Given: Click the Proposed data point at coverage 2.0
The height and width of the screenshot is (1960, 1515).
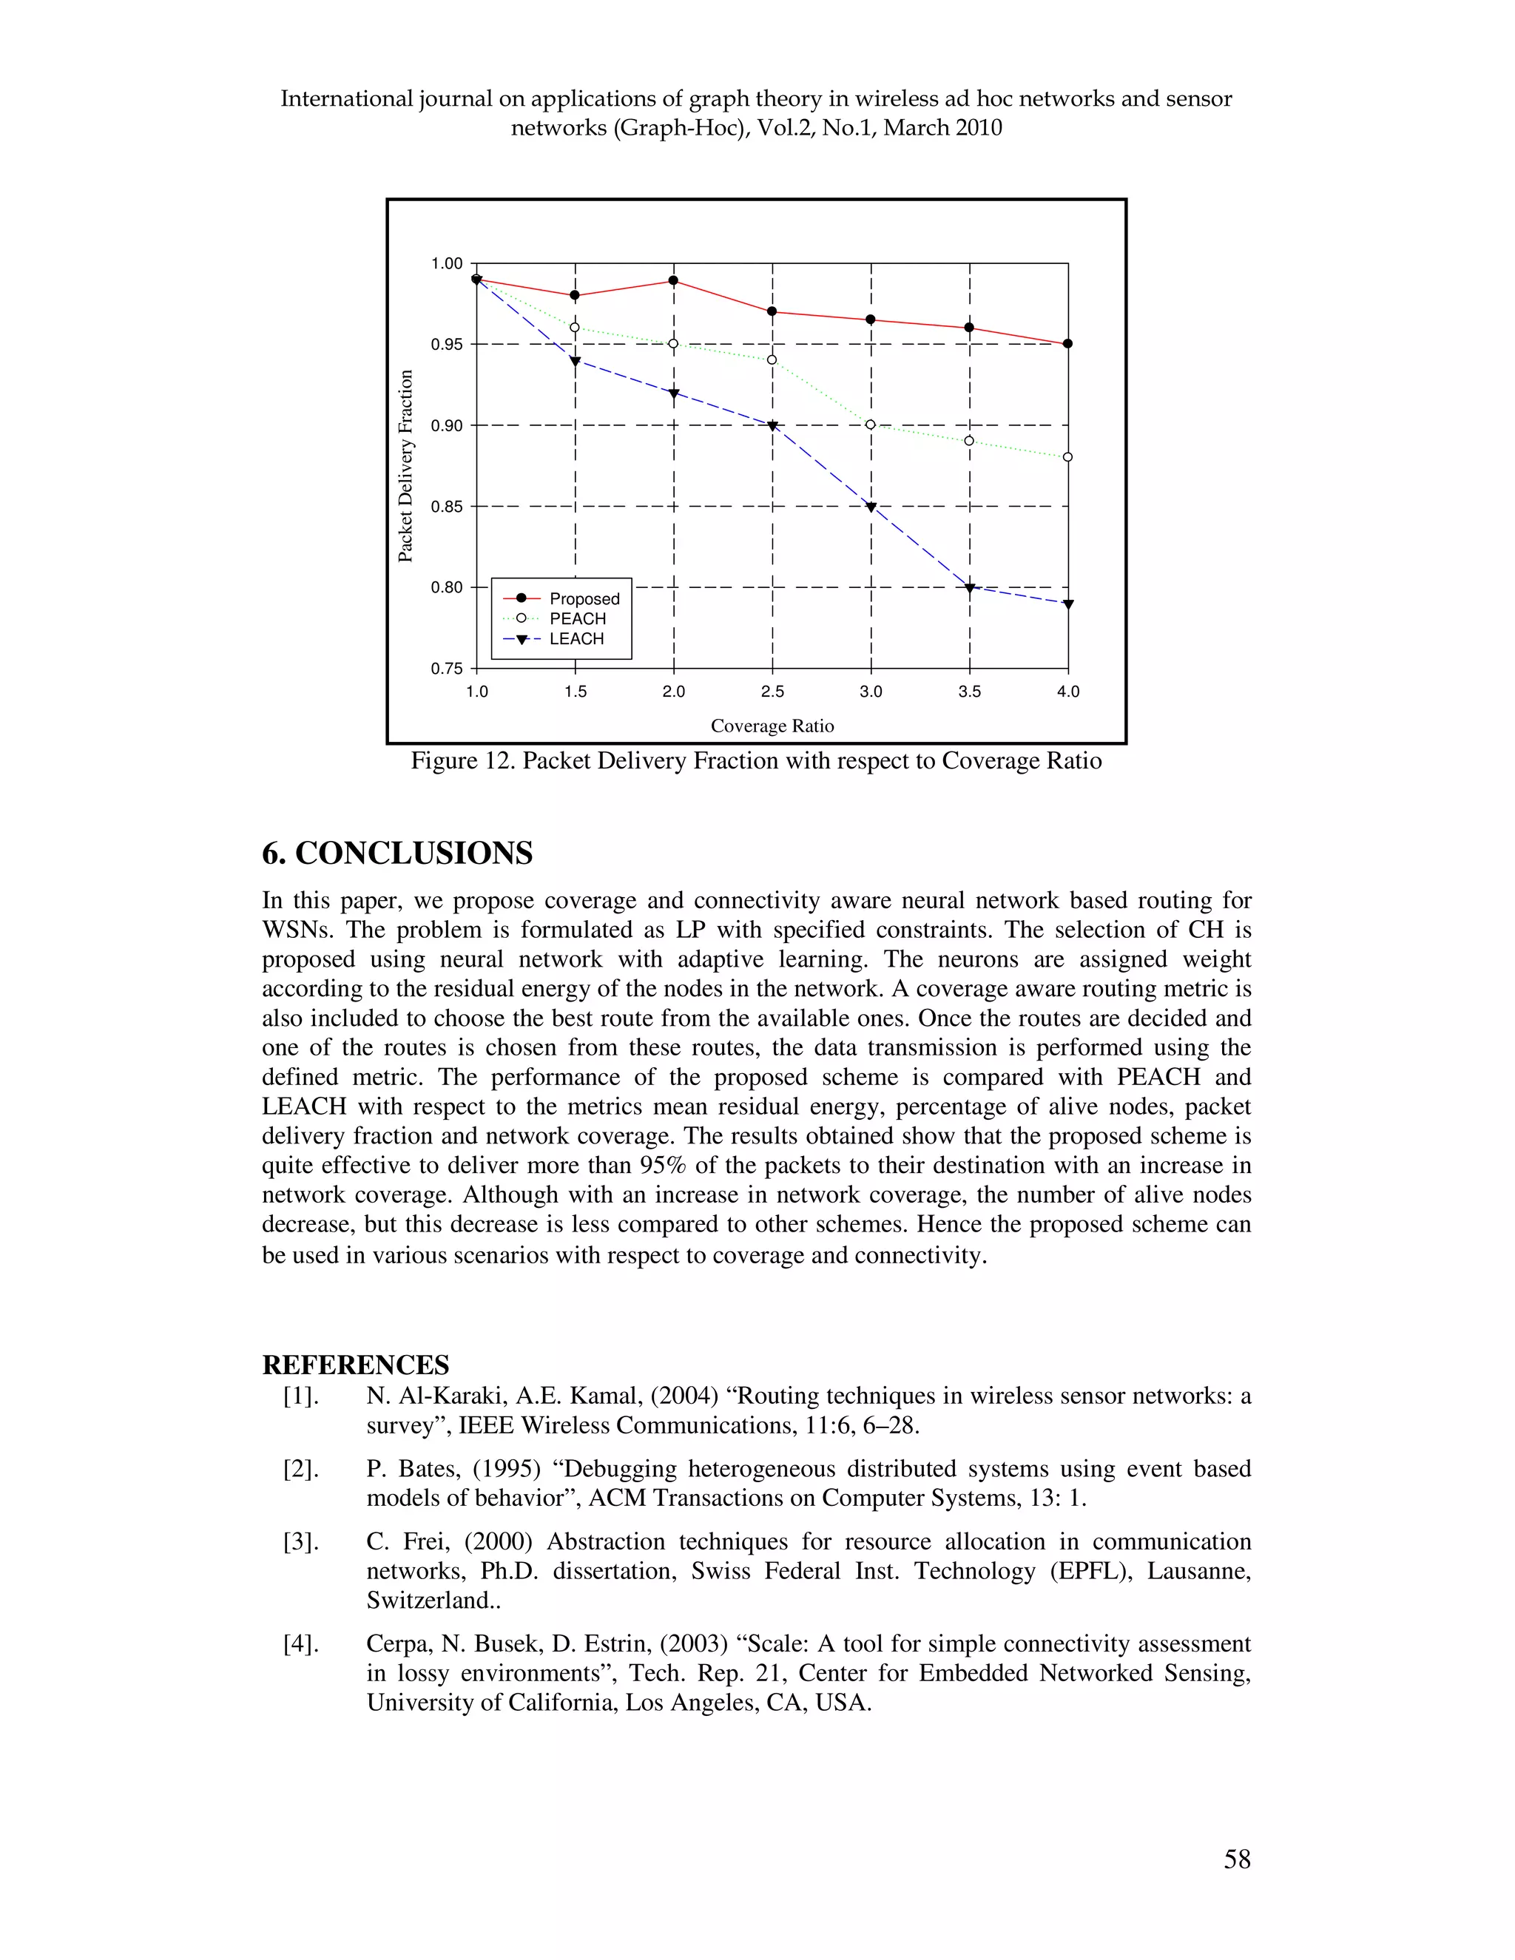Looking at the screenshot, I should pyautogui.click(x=673, y=281).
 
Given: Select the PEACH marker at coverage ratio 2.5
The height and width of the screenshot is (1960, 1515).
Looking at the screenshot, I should pyautogui.click(x=772, y=360).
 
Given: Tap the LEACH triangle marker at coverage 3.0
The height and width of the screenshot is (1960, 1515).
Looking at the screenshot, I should pyautogui.click(x=871, y=508).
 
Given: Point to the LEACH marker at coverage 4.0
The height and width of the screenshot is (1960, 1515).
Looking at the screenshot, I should pyautogui.click(x=1068, y=605).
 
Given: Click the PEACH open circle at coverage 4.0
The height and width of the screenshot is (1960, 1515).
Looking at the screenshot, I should pyautogui.click(x=1068, y=457).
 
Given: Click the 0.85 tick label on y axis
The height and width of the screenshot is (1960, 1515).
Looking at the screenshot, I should pyautogui.click(x=447, y=506).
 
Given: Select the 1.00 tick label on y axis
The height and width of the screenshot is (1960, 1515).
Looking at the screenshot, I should pyautogui.click(x=447, y=264).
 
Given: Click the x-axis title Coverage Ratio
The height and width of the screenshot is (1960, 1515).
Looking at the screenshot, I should pyautogui.click(x=772, y=726).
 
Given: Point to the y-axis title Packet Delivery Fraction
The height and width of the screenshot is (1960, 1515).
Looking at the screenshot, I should pyautogui.click(x=405, y=467).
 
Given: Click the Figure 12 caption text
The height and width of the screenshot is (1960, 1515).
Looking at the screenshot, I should pyautogui.click(x=756, y=761).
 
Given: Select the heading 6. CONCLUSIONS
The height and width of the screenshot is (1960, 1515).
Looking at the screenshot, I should pyautogui.click(x=397, y=853).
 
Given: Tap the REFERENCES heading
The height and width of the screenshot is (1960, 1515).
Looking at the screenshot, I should pyautogui.click(x=355, y=1365).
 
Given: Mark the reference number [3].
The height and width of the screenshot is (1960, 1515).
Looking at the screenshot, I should pyautogui.click(x=300, y=1542).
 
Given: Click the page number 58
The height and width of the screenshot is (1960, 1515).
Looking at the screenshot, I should pyautogui.click(x=1237, y=1859).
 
